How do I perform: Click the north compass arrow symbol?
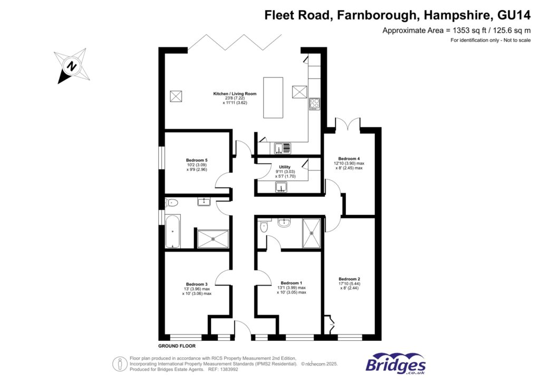tap(71, 66)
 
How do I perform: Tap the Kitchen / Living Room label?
tap(235, 93)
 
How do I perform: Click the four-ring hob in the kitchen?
tap(314, 104)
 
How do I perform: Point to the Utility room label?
tap(284, 167)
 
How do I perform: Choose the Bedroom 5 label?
tap(197, 160)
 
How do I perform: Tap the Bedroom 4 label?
tap(349, 159)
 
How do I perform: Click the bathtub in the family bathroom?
tap(172, 231)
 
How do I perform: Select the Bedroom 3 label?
tap(196, 284)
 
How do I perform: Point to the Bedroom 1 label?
tap(291, 283)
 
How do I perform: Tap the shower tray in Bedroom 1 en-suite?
tap(311, 233)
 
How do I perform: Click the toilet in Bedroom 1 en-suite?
tap(265, 226)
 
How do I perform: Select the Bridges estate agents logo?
tap(396, 364)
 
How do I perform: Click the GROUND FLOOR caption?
tap(177, 347)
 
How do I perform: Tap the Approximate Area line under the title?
tap(456, 30)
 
